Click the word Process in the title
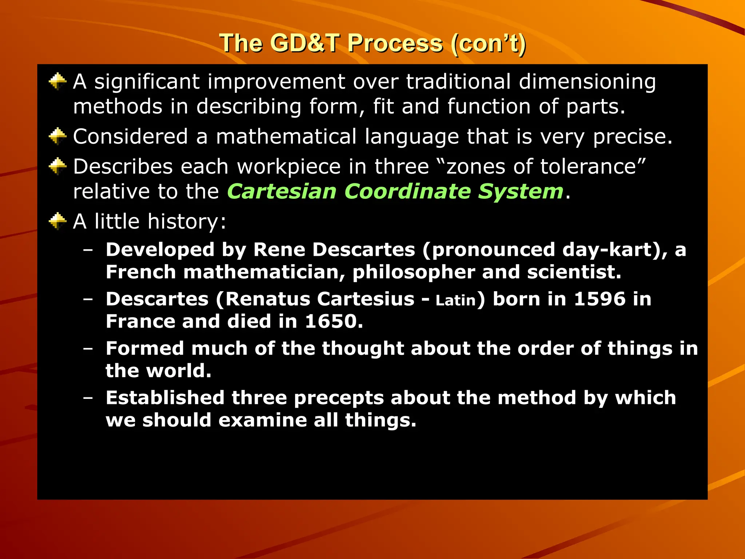(x=395, y=44)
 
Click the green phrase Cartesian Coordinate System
(x=395, y=191)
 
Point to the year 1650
(x=334, y=321)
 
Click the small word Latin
(x=456, y=301)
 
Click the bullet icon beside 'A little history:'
(x=57, y=221)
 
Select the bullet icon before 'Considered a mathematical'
(x=57, y=136)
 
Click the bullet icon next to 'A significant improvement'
(x=57, y=81)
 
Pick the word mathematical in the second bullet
(x=286, y=136)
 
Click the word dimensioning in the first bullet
(x=587, y=82)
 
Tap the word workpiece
(x=289, y=167)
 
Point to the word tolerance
(x=593, y=167)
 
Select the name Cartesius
(x=366, y=299)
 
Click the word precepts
(x=339, y=398)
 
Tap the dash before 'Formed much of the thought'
(x=88, y=348)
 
